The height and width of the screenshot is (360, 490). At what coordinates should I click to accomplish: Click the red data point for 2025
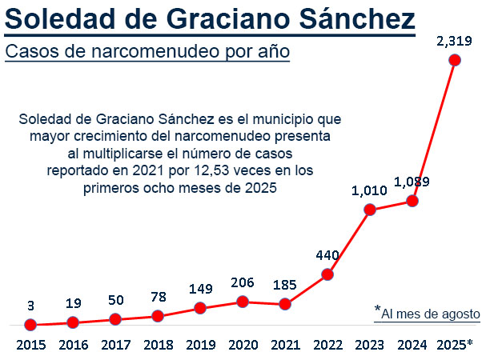(455, 59)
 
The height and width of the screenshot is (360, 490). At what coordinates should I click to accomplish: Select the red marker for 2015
(30, 325)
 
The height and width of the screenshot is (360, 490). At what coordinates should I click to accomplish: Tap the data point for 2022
(327, 275)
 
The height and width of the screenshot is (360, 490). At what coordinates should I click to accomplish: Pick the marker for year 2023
(370, 210)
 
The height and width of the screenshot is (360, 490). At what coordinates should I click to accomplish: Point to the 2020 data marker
(243, 302)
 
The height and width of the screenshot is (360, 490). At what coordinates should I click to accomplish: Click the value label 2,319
(453, 39)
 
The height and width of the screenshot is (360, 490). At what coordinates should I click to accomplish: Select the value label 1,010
(370, 191)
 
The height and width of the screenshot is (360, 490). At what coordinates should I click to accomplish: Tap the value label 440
(328, 256)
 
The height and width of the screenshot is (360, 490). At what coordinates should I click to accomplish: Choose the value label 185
(284, 284)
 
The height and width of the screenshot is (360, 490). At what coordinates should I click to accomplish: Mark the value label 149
(200, 289)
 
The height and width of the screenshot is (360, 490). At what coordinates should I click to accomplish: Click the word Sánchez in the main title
(358, 18)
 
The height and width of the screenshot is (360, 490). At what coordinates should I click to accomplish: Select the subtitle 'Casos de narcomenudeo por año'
(147, 52)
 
